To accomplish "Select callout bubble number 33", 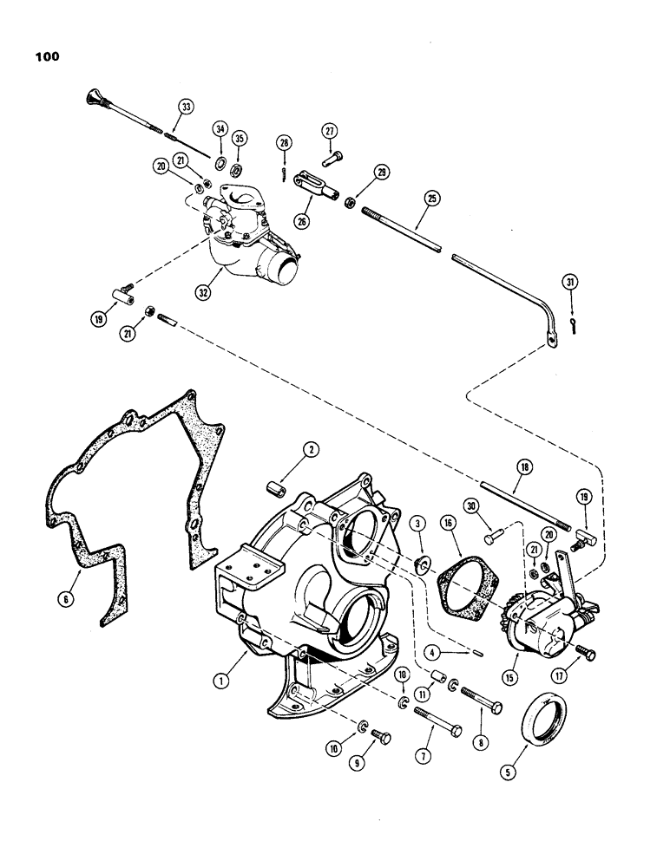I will [184, 107].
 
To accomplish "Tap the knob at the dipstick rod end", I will [95, 95].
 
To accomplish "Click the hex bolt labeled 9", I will [380, 737].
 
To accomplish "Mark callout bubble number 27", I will [329, 131].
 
